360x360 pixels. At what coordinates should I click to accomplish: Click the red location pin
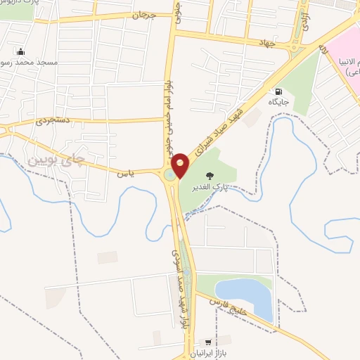[x=181, y=165]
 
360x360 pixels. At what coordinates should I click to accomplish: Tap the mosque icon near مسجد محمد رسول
[x=20, y=51]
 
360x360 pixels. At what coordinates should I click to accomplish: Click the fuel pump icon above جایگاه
[x=279, y=91]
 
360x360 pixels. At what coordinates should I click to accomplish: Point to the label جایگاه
[x=279, y=103]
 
